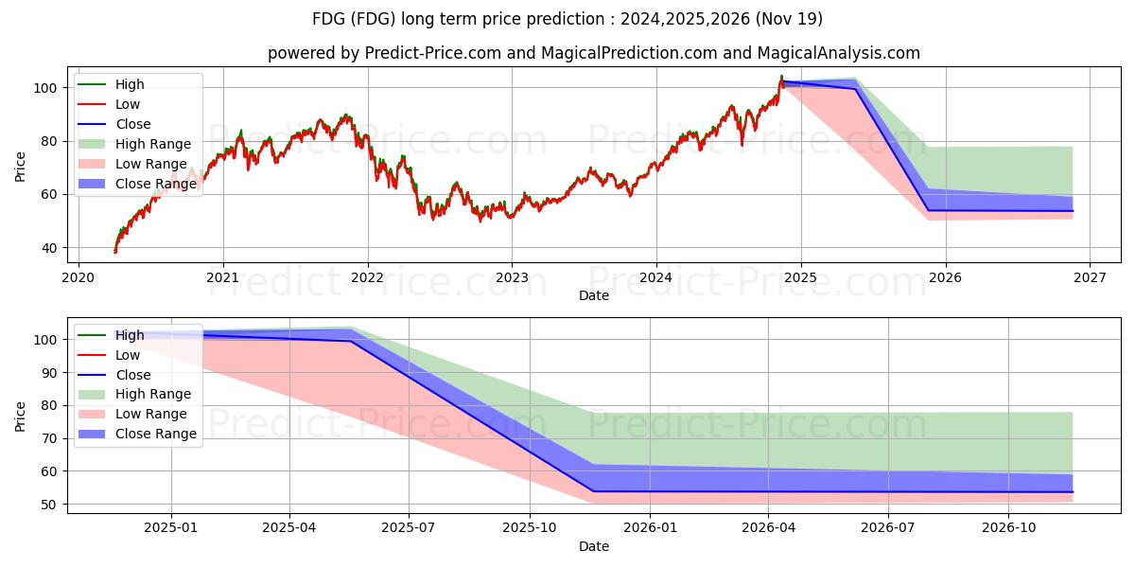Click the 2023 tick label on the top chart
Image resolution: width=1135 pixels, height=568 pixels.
512,277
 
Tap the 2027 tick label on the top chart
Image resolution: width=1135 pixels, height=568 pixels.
1090,277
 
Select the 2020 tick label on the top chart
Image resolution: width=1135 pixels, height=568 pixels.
78,277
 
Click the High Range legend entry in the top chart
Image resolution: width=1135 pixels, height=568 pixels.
153,144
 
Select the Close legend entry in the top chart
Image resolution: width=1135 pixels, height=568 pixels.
133,124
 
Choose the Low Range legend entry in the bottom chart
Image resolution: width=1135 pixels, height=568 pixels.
151,414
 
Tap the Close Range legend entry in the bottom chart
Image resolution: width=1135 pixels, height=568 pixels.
156,434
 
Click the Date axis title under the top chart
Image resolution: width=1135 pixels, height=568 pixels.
594,295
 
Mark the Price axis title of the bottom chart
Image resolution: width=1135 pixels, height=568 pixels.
21,416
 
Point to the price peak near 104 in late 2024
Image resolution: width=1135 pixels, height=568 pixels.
781,76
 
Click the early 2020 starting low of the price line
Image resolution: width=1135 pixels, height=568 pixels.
115,252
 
